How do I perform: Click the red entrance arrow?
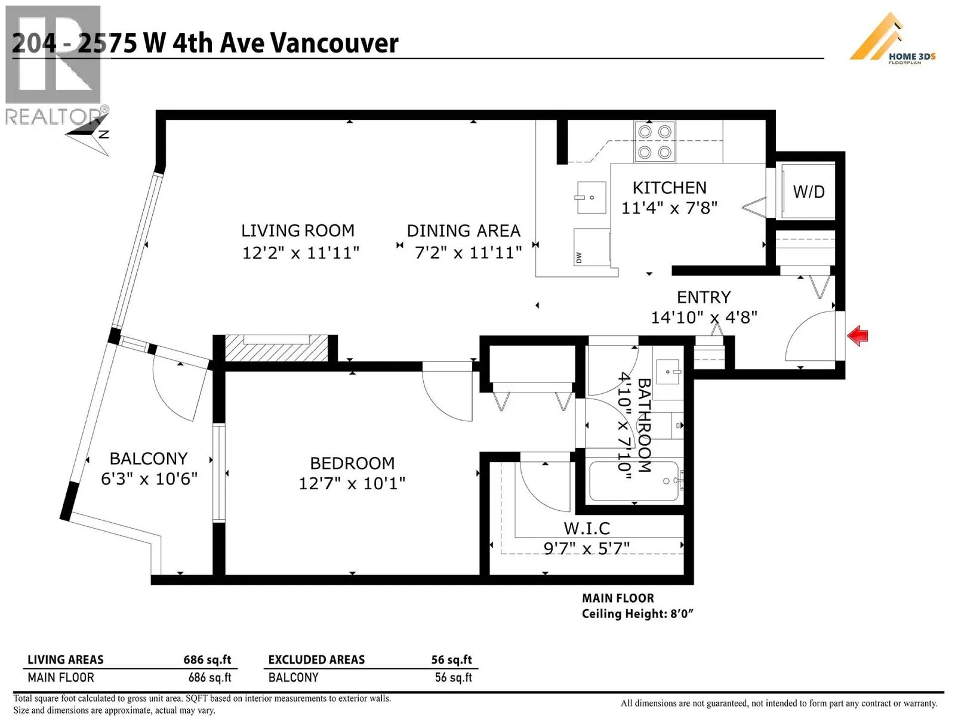858,335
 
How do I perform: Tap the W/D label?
809,192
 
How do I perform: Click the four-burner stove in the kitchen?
654,142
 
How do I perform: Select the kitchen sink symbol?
592,197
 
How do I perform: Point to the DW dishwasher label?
578,258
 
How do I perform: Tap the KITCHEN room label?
669,188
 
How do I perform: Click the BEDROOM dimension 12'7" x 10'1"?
352,483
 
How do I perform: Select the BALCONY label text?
149,459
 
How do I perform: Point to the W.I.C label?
587,528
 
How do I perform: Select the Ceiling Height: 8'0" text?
637,614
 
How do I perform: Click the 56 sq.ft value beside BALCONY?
453,677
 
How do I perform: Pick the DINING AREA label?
463,231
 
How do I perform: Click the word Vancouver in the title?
334,44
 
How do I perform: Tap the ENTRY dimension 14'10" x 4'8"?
704,317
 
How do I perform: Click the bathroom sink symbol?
668,372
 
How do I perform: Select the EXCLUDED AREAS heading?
316,659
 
